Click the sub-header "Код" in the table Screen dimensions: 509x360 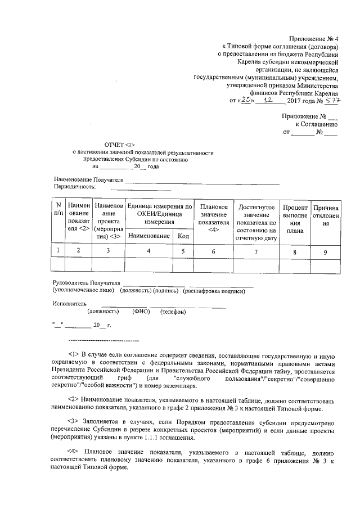pos(183,236)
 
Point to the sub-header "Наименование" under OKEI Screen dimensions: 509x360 pos(149,236)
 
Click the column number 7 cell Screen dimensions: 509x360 pos(256,251)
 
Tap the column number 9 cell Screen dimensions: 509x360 pos(325,251)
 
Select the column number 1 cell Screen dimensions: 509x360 pos(58,251)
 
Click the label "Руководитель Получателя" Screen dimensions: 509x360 pos(86,283)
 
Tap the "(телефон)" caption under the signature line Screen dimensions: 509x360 pos(173,312)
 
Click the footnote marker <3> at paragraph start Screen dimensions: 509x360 pos(73,420)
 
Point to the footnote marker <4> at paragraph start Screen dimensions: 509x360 pos(73,452)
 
